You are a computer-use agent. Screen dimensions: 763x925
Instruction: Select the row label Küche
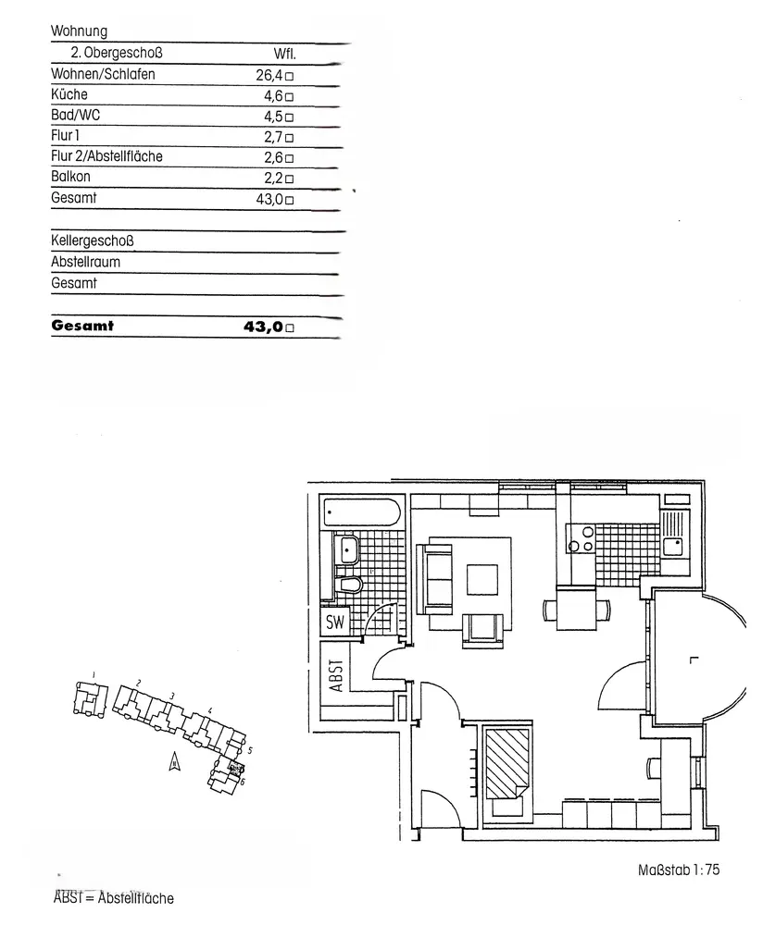pos(69,95)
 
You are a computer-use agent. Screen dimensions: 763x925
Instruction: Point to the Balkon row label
pos(71,177)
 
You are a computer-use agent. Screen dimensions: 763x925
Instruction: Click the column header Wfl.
pos(284,54)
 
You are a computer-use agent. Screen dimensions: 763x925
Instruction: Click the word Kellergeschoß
pos(93,241)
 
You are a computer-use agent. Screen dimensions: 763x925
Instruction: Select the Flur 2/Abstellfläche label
pos(106,156)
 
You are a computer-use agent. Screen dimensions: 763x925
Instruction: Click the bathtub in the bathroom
pos(361,512)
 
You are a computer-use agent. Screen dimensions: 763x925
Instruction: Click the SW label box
pos(335,623)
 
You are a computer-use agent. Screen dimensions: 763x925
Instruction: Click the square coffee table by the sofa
pos(487,580)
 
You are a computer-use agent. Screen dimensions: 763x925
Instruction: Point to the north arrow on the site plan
pos(172,761)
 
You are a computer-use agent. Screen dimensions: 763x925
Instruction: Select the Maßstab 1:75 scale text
pos(679,869)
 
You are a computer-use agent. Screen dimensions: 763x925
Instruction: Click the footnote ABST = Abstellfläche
pos(114,897)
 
